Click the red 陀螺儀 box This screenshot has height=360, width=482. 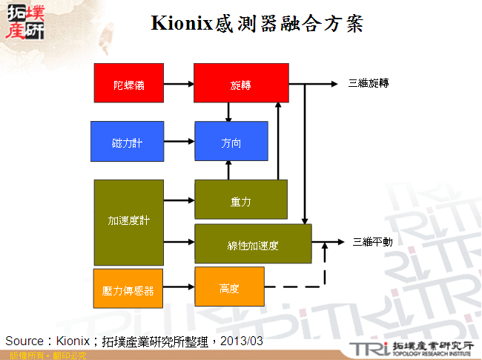(x=128, y=83)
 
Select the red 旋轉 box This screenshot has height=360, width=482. (x=241, y=83)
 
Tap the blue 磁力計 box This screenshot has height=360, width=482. (x=127, y=141)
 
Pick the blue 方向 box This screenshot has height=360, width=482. (x=231, y=141)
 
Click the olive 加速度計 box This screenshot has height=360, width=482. (x=128, y=222)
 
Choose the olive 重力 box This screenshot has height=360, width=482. (x=240, y=200)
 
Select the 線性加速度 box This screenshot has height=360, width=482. (x=253, y=243)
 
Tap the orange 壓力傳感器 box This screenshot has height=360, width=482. (x=128, y=287)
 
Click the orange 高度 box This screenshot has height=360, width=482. (x=229, y=287)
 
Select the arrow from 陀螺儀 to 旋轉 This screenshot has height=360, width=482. (x=179, y=84)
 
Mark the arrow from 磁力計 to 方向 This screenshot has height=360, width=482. (x=179, y=141)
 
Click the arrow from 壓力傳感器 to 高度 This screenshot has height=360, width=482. (x=179, y=287)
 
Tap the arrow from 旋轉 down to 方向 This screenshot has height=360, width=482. (x=229, y=111)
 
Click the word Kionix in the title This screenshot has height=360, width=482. (x=181, y=24)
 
